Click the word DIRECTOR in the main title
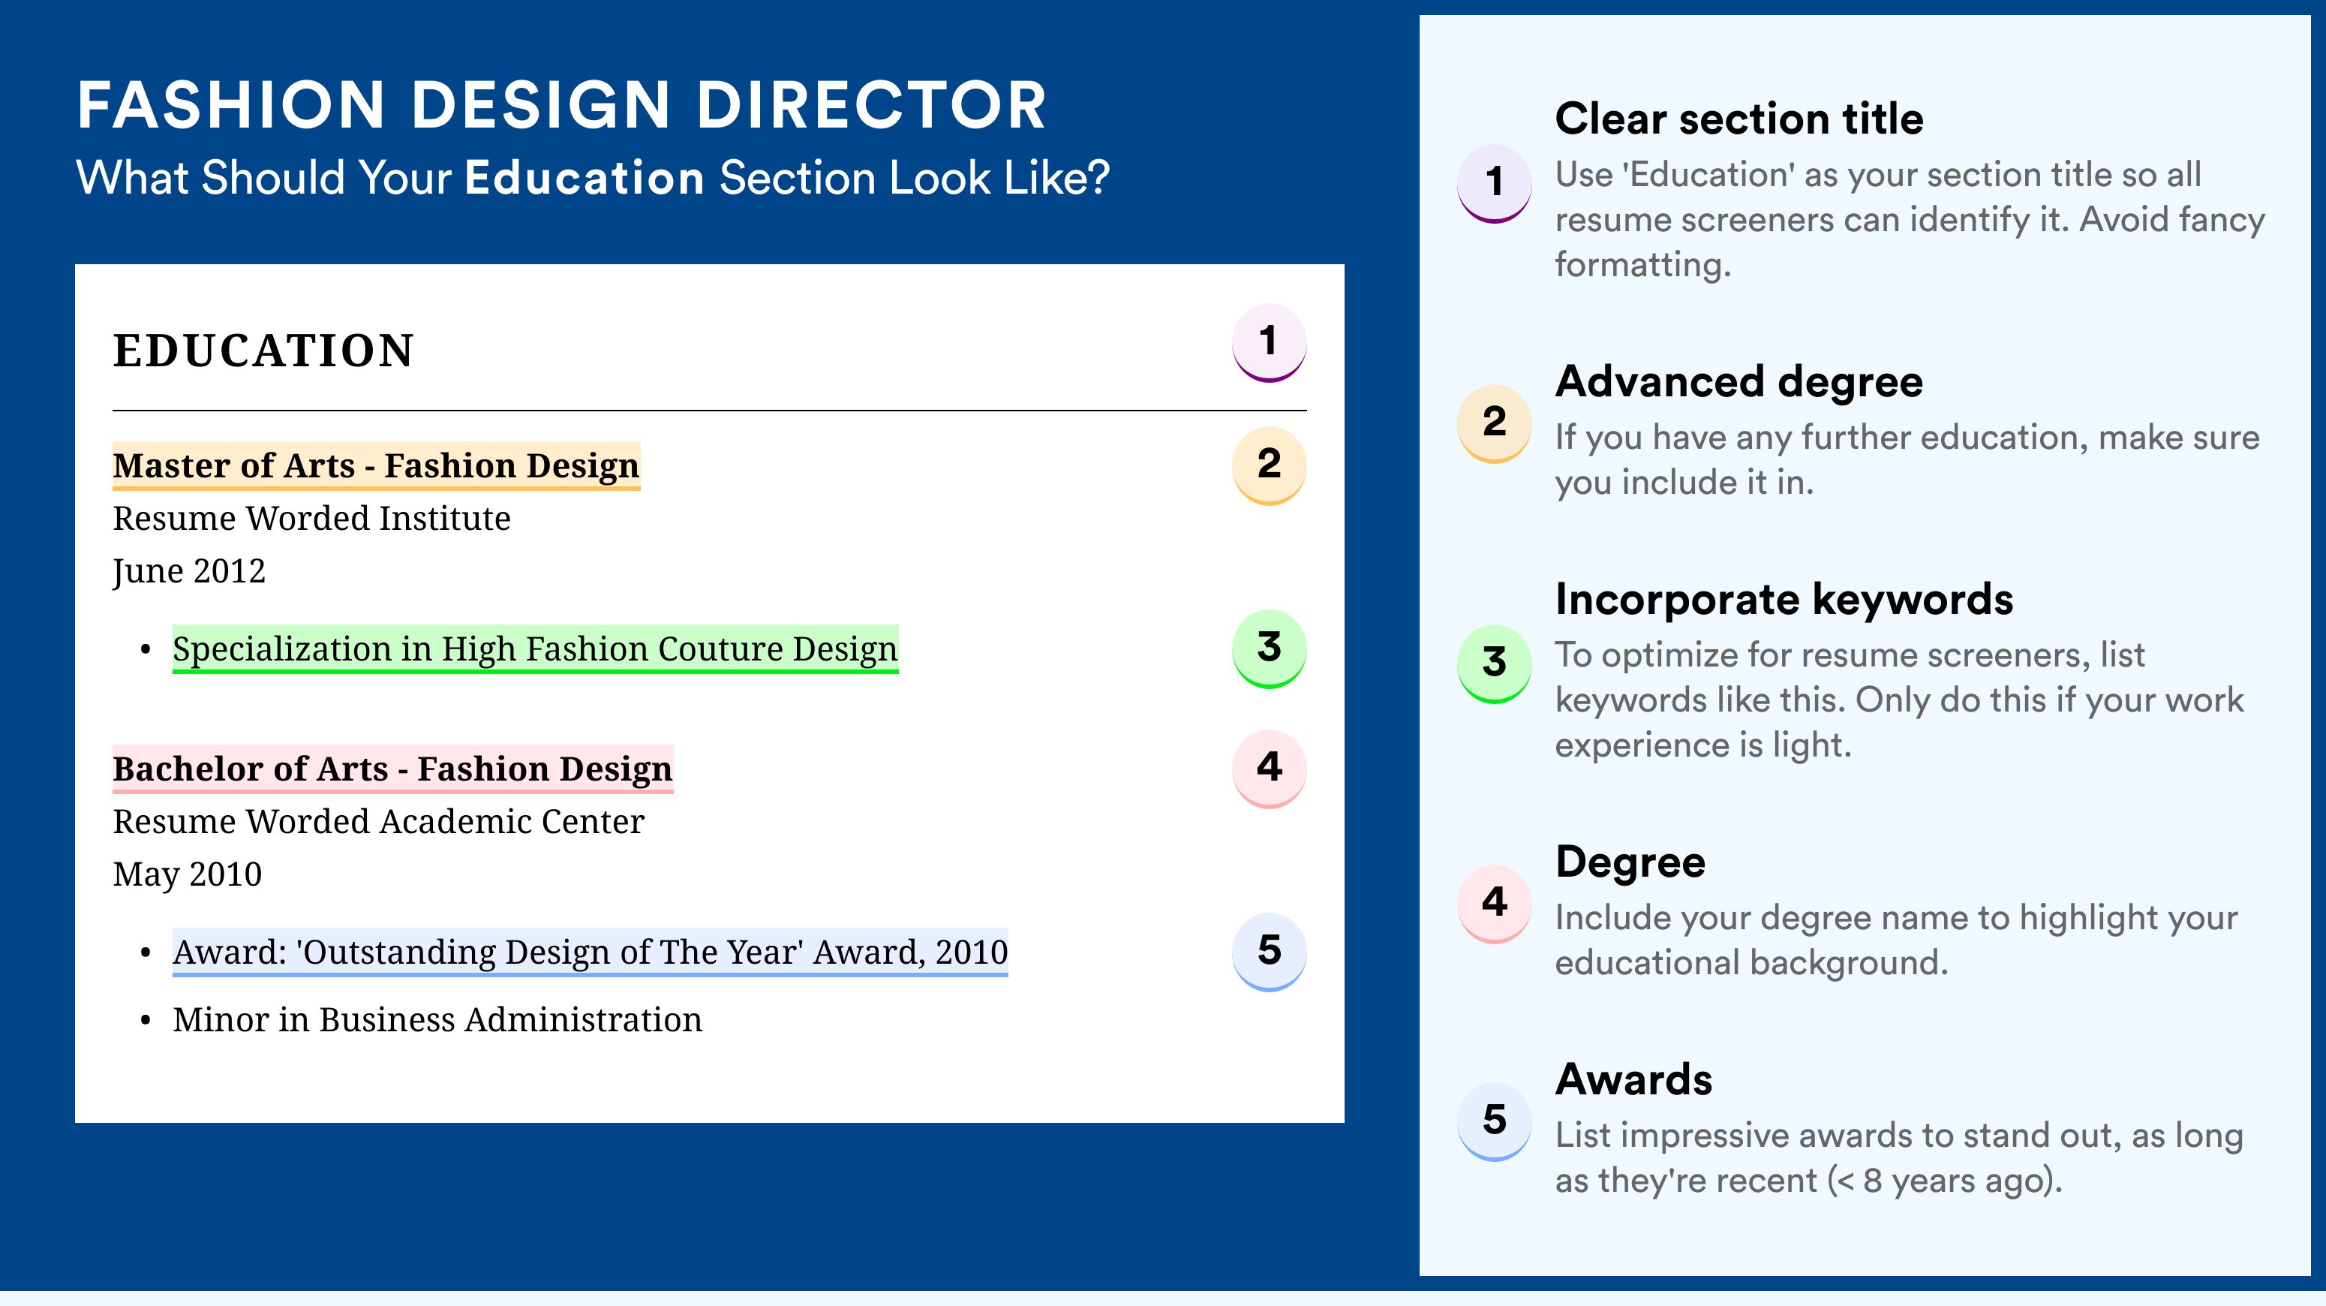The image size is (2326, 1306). click(x=870, y=105)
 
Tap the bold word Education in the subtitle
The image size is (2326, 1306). click(x=585, y=177)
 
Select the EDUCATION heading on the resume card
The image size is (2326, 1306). click(x=263, y=351)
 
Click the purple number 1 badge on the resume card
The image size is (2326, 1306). click(x=1269, y=343)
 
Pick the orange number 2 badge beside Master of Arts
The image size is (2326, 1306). click(x=1269, y=465)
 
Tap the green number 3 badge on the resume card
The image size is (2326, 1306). click(x=1269, y=648)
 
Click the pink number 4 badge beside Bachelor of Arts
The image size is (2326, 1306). click(x=1269, y=769)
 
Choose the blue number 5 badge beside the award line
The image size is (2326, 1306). click(x=1269, y=952)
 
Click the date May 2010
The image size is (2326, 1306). click(x=187, y=875)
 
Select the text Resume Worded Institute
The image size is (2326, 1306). click(x=311, y=519)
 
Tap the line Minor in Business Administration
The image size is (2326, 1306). click(x=437, y=1020)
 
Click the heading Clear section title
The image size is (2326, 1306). click(x=1739, y=119)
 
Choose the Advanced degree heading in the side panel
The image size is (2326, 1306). click(x=1739, y=382)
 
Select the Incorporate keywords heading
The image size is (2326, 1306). click(x=1784, y=600)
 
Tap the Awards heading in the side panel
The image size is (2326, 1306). click(x=1633, y=1079)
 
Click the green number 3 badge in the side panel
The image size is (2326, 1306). click(x=1495, y=663)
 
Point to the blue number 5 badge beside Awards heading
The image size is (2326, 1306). click(x=1495, y=1121)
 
